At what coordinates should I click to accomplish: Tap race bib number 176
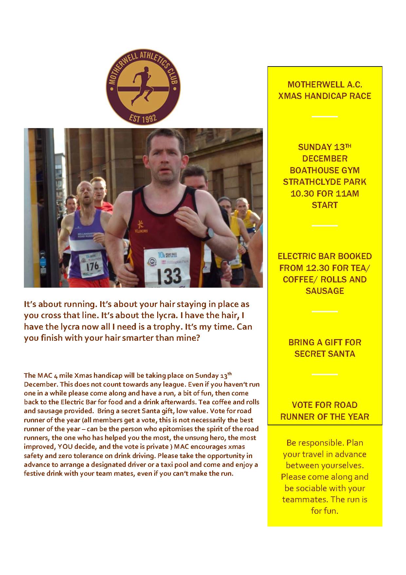(x=92, y=266)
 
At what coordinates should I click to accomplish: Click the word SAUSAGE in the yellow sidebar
(x=324, y=291)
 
